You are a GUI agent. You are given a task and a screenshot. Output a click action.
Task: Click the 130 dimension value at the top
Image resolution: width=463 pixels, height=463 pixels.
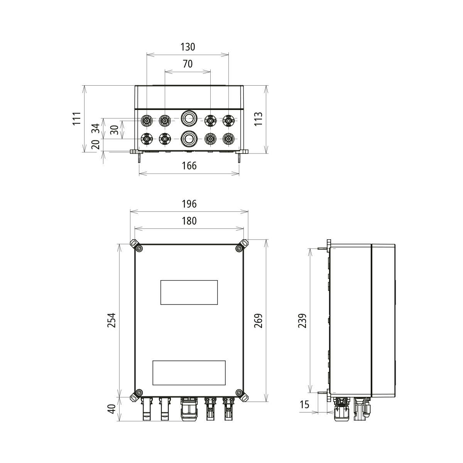coord(188,47)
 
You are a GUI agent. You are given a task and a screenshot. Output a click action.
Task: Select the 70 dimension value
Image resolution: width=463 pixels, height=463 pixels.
coord(188,64)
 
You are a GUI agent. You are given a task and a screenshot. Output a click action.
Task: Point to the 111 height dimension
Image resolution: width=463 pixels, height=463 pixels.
coord(78,118)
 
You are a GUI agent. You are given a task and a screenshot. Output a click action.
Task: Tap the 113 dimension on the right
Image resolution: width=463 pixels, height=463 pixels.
coord(259,118)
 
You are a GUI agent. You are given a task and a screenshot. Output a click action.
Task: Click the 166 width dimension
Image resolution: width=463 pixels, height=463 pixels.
coord(189,166)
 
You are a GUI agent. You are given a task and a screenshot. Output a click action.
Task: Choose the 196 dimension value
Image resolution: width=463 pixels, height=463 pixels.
coord(189,204)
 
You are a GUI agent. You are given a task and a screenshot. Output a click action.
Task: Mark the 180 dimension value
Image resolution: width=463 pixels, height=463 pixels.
coord(189,221)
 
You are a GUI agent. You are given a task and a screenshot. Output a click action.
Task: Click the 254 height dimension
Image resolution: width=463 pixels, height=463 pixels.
coord(112,320)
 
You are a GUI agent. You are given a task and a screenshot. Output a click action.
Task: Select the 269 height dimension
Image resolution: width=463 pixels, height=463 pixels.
coord(259,321)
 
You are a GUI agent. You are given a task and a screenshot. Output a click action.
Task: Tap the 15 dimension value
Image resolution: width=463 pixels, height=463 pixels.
coord(304,405)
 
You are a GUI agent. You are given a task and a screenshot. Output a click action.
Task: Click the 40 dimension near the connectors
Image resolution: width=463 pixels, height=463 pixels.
coord(112,409)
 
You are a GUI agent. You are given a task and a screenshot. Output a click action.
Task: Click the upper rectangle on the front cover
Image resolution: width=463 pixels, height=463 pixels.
coord(189,292)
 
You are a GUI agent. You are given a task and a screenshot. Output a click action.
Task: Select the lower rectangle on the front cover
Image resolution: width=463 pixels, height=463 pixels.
coord(189,373)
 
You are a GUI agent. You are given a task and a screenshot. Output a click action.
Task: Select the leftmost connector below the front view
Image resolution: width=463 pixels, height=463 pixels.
coord(147,409)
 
